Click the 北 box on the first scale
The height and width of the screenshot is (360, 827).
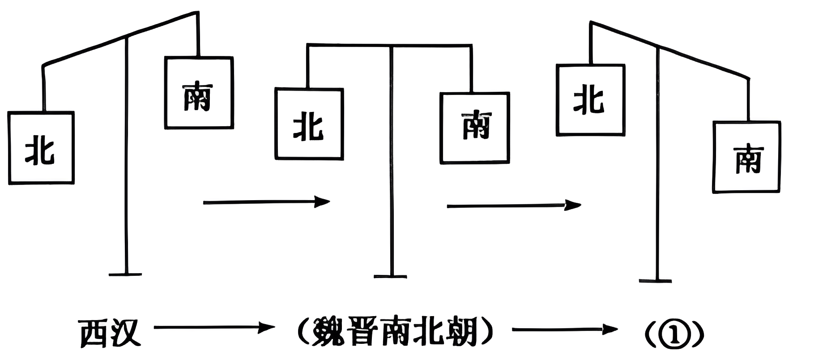click(41, 148)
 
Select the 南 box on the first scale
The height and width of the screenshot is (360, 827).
click(199, 93)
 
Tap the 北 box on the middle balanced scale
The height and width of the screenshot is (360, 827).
click(309, 124)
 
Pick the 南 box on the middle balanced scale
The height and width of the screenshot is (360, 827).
click(475, 128)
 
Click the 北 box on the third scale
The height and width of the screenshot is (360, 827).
click(590, 100)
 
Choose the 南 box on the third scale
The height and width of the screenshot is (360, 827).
click(746, 157)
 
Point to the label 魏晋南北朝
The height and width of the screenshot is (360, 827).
click(395, 332)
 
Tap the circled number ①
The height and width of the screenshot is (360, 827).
click(675, 334)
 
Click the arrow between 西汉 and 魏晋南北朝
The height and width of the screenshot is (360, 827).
click(214, 328)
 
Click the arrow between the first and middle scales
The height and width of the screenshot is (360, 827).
click(266, 202)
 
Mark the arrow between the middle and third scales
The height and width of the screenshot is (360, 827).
click(513, 206)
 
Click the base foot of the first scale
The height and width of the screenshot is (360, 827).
click(125, 274)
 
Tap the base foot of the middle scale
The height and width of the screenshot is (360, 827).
click(391, 276)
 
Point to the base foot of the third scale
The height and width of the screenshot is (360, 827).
click(656, 281)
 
